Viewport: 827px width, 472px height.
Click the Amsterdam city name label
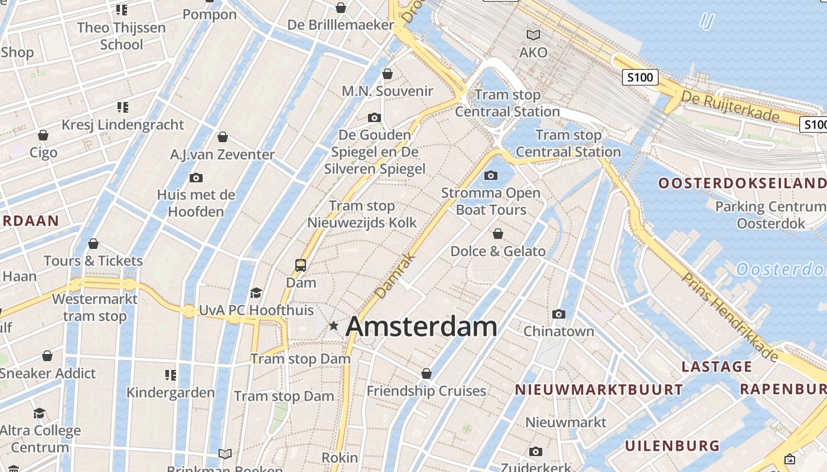tap(421, 327)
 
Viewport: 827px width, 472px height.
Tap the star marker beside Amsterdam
tap(334, 325)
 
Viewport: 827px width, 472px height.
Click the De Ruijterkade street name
tap(730, 106)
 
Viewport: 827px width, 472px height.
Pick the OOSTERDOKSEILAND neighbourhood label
tap(742, 183)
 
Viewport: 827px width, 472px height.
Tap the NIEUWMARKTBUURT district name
tap(598, 390)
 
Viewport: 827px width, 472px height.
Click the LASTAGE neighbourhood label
tap(717, 367)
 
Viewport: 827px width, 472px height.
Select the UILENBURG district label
tap(672, 445)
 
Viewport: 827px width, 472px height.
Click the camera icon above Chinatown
tap(559, 314)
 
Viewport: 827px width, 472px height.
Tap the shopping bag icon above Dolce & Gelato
tap(498, 234)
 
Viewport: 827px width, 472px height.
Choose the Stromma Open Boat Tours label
tap(491, 201)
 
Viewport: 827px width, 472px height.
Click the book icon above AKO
tap(533, 35)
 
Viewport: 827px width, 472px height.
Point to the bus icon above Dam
tap(301, 265)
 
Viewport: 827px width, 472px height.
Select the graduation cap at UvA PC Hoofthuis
tap(256, 293)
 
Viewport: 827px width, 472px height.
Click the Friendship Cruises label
tap(426, 391)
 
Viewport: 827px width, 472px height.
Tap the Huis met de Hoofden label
tap(196, 203)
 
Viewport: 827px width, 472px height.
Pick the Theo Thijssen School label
tap(121, 36)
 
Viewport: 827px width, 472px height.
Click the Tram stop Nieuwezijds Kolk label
tap(362, 214)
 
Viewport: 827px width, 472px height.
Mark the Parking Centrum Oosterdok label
tap(770, 215)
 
